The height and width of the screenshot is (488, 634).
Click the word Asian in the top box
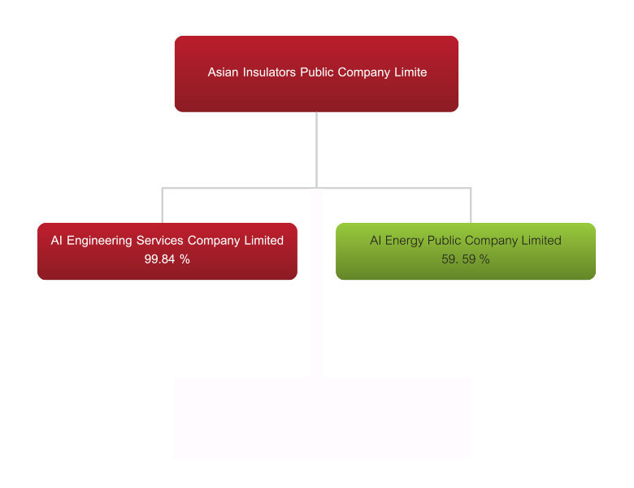pyautogui.click(x=223, y=72)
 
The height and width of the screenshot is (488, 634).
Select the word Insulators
pyautogui.click(x=269, y=72)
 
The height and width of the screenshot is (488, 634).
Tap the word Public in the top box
pyautogui.click(x=317, y=72)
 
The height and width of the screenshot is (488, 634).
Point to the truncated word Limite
pyautogui.click(x=410, y=72)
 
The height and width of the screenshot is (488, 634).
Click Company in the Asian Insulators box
pyautogui.click(x=364, y=73)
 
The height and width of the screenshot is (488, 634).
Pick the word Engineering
pyautogui.click(x=99, y=241)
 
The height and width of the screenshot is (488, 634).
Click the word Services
pyautogui.click(x=159, y=241)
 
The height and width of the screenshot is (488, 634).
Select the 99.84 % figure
pyautogui.click(x=167, y=259)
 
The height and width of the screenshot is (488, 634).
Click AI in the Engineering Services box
pyautogui.click(x=56, y=241)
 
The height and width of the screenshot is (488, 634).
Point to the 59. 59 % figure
pyautogui.click(x=466, y=259)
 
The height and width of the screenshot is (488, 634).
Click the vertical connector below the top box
pyautogui.click(x=317, y=150)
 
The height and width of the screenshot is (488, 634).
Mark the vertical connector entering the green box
pyautogui.click(x=471, y=205)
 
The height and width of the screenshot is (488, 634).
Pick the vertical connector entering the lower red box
pyautogui.click(x=163, y=205)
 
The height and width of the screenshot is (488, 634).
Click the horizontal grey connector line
pyautogui.click(x=317, y=188)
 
